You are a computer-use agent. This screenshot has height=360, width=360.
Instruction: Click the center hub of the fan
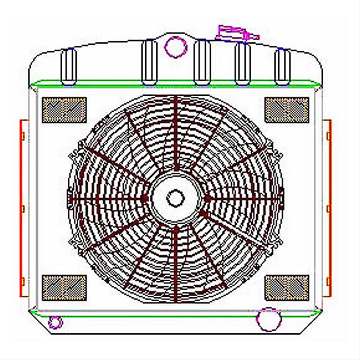point(175,198)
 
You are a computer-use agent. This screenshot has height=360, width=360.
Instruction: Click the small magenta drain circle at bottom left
point(55,323)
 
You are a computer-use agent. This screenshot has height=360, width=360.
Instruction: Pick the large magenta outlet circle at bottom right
point(269,319)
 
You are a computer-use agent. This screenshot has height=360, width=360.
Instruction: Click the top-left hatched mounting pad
point(64,110)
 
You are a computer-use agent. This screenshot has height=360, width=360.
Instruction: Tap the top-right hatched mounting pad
point(287,110)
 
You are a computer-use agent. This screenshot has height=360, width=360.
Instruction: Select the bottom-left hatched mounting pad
point(64,287)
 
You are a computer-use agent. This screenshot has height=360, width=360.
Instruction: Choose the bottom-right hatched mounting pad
point(287,287)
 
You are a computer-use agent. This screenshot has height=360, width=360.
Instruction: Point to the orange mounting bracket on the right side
point(327,208)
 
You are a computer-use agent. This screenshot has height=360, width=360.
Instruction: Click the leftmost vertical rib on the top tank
point(69,67)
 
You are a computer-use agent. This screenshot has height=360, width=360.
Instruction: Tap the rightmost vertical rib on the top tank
point(282,67)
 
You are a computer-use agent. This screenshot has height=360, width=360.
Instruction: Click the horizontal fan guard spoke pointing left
point(106,198)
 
